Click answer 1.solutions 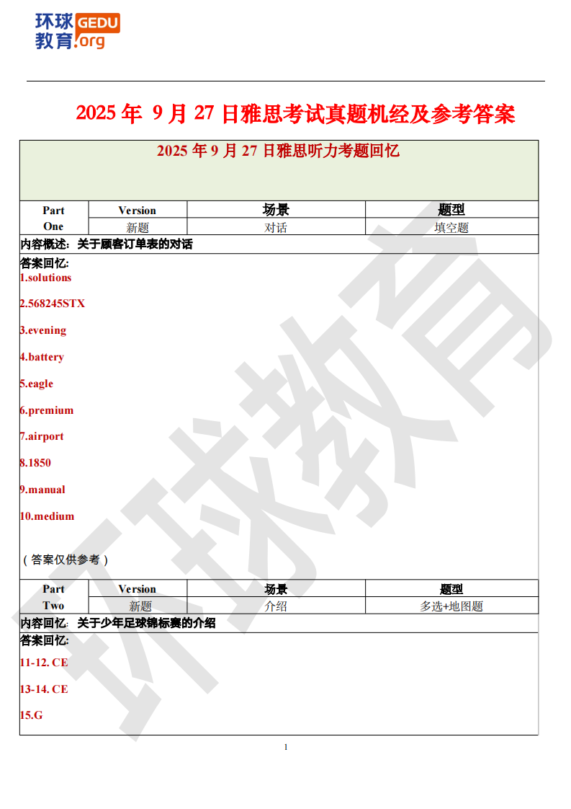click(45, 278)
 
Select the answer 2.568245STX click(52, 304)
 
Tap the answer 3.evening click(42, 330)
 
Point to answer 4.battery click(42, 357)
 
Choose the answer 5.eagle click(36, 384)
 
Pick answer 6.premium click(46, 410)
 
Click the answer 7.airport click(42, 436)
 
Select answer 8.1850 click(35, 463)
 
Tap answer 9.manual click(42, 490)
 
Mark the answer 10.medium click(47, 516)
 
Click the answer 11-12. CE click(44, 662)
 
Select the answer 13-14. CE click(44, 689)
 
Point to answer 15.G click(31, 715)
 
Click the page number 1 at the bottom click(286, 747)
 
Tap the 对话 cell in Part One click(276, 228)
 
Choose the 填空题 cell click(451, 228)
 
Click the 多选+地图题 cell click(451, 606)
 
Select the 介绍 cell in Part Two click(276, 606)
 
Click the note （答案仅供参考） click(65, 560)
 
